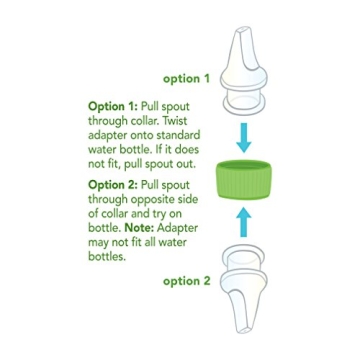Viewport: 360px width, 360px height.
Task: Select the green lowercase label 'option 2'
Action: click(x=188, y=282)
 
